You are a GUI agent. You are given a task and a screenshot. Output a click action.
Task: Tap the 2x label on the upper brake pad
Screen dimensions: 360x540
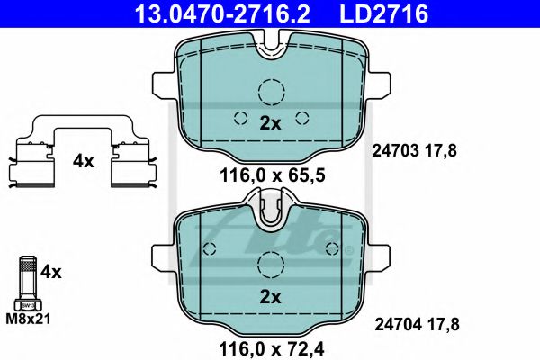[x=270, y=125]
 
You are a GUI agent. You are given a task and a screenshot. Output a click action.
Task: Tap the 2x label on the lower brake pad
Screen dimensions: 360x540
[x=270, y=296]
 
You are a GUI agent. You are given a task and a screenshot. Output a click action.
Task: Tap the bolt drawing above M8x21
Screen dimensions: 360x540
[x=27, y=284]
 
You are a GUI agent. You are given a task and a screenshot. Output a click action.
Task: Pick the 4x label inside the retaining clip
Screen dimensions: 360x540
[x=83, y=162]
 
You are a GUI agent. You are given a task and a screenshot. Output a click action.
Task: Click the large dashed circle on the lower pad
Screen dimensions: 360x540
[x=270, y=264]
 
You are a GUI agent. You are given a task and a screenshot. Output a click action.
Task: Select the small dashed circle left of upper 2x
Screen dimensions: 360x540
[x=240, y=117]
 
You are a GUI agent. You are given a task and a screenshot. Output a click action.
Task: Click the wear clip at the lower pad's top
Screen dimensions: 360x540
[x=270, y=213]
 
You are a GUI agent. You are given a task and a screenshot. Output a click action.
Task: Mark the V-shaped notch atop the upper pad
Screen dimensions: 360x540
[x=270, y=45]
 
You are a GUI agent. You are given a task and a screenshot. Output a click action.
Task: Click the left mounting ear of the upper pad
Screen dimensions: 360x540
[x=165, y=87]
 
